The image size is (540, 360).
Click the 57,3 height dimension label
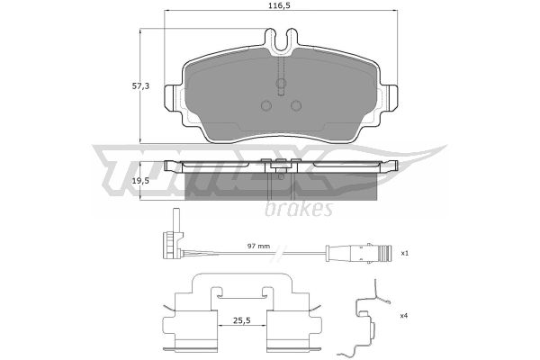[140, 86]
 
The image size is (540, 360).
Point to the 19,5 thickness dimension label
[140, 181]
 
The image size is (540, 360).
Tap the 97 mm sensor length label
[258, 246]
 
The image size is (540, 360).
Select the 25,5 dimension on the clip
[241, 320]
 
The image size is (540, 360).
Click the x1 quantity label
[404, 253]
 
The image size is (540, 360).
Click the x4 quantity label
[404, 315]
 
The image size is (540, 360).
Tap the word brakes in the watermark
[299, 208]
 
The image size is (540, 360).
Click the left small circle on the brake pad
[266, 105]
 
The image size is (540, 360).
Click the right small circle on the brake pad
[296, 105]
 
